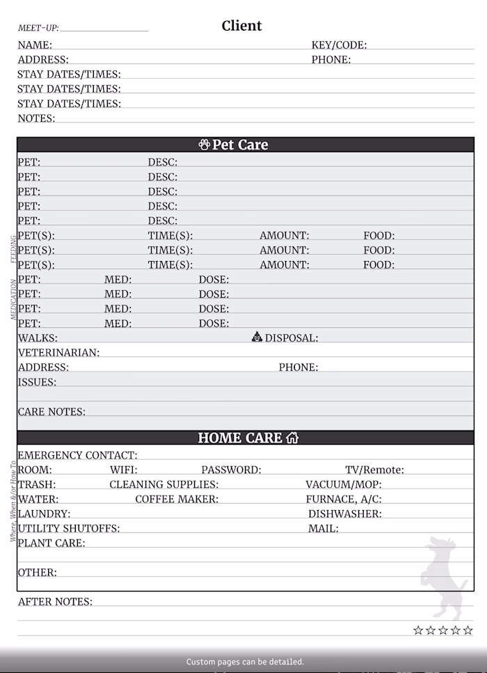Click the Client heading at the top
tap(241, 26)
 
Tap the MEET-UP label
tap(38, 29)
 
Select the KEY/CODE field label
tap(339, 45)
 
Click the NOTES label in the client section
tap(36, 118)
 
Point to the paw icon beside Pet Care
tap(204, 145)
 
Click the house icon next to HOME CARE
tap(292, 438)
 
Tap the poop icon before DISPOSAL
tap(257, 338)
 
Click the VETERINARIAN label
tap(58, 353)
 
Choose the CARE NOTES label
tap(51, 411)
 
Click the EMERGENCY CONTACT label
tap(77, 455)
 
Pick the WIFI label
tap(123, 470)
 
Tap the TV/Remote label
tap(374, 470)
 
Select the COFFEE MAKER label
tap(177, 499)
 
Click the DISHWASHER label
tap(345, 514)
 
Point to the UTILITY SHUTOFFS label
tap(69, 528)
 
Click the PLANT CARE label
tap(51, 543)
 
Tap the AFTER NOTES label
tap(55, 601)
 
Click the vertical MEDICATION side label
tap(13, 300)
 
